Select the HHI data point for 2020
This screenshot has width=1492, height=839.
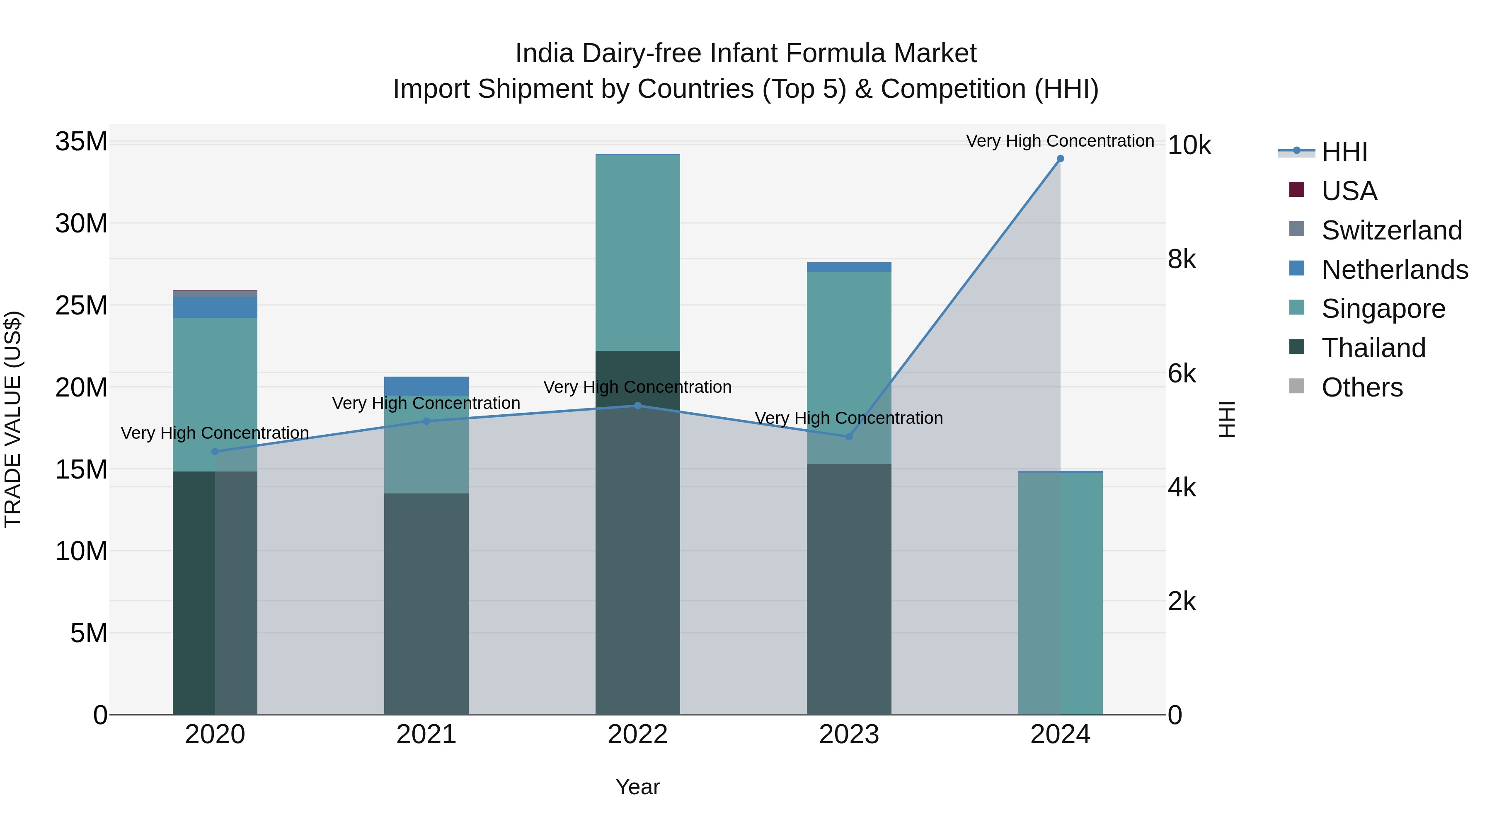215,452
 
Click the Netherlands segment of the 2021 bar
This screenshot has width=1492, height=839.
426,386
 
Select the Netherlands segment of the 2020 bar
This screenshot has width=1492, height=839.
215,307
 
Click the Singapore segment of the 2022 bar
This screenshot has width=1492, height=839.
638,253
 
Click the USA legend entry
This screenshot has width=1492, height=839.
1349,191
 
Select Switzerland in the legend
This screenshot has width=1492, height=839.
1391,230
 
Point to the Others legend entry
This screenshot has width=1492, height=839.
1362,387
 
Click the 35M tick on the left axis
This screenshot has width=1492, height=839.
81,142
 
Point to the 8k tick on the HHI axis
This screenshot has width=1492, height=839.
1182,259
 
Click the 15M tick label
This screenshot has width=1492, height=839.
81,469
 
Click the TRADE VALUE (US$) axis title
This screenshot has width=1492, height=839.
13,419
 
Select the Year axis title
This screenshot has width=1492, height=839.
638,787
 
